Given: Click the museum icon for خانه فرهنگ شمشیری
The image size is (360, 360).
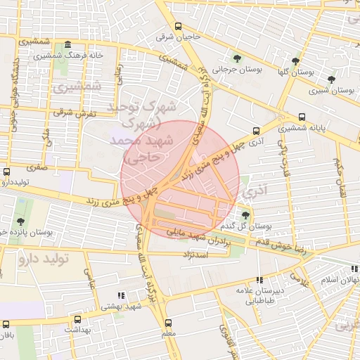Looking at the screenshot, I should [x=67, y=45].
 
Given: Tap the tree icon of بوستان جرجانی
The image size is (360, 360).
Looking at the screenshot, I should [x=235, y=58].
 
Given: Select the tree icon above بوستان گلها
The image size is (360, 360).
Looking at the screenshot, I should [x=296, y=61].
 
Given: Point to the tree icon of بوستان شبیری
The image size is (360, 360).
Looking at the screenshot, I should [x=332, y=79].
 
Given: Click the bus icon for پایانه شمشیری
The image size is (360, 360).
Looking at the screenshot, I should [x=302, y=117].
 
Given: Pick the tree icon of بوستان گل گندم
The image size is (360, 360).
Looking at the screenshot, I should [x=245, y=214].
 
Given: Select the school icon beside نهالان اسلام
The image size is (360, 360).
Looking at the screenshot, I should [x=354, y=269].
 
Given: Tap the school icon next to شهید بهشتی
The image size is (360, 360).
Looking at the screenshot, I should [x=121, y=295].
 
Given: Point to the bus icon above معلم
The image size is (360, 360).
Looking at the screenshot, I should [x=169, y=321].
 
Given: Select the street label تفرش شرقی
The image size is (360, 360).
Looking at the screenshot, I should [x=74, y=112].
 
